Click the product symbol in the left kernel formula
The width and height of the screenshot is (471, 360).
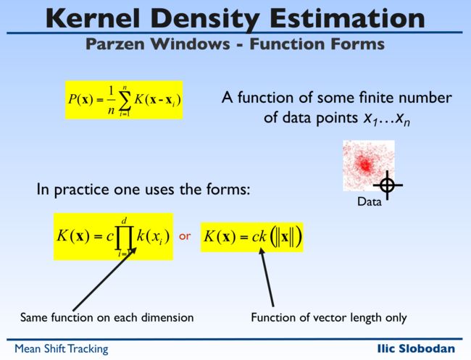[x=124, y=237]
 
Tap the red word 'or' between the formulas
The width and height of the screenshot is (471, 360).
[x=185, y=236]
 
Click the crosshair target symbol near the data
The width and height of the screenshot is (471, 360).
[x=388, y=185]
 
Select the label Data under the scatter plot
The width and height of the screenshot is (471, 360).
[x=369, y=201]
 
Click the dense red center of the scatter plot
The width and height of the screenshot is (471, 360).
[x=365, y=164]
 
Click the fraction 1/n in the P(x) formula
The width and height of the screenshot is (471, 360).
[x=112, y=101]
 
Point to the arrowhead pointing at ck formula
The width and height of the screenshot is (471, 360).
[x=262, y=251]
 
